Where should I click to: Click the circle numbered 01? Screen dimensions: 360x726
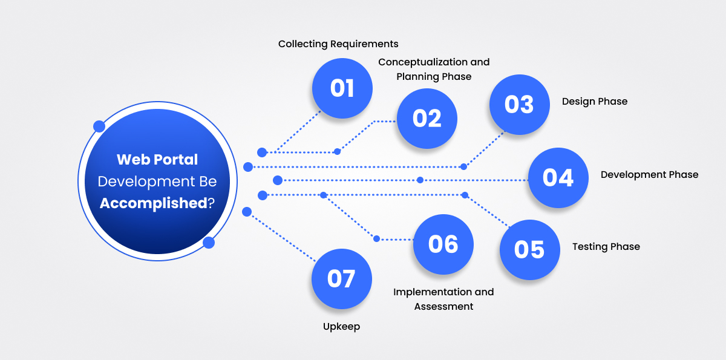point(342,88)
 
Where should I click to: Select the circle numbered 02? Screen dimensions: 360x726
point(427,119)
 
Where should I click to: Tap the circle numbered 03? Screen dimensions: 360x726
point(519,105)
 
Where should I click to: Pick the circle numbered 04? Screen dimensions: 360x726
point(558,178)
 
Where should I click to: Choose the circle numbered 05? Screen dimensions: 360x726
point(529,249)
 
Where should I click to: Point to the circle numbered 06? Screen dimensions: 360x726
point(443,244)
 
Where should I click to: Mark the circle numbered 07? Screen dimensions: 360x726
point(341,279)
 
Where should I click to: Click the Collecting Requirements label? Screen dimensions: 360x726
point(338,44)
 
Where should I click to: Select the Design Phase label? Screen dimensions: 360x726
point(595,102)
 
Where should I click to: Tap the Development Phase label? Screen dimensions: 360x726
point(649,175)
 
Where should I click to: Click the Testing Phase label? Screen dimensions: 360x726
point(606,247)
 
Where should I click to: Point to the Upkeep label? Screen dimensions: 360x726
point(341,327)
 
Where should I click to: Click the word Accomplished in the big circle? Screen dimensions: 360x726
point(153,203)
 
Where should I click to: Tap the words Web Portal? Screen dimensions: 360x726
point(157,160)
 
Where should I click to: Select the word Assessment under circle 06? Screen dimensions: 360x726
point(443,307)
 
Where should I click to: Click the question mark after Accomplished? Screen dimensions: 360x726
point(211,203)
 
